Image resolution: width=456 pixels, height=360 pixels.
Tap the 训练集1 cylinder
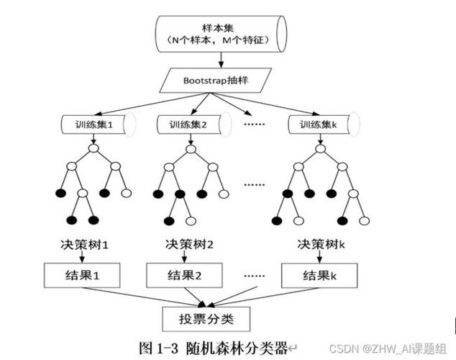(x=93, y=124)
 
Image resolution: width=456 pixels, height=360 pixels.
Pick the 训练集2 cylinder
(x=190, y=124)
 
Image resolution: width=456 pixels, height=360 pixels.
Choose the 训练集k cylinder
(x=316, y=124)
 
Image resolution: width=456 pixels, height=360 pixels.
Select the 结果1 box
(x=81, y=275)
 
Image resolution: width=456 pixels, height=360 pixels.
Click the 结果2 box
(x=182, y=275)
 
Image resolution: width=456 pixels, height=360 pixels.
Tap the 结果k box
(x=317, y=275)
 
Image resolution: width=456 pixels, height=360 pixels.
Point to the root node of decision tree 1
(x=93, y=149)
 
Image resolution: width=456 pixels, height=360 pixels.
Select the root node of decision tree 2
(x=190, y=149)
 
